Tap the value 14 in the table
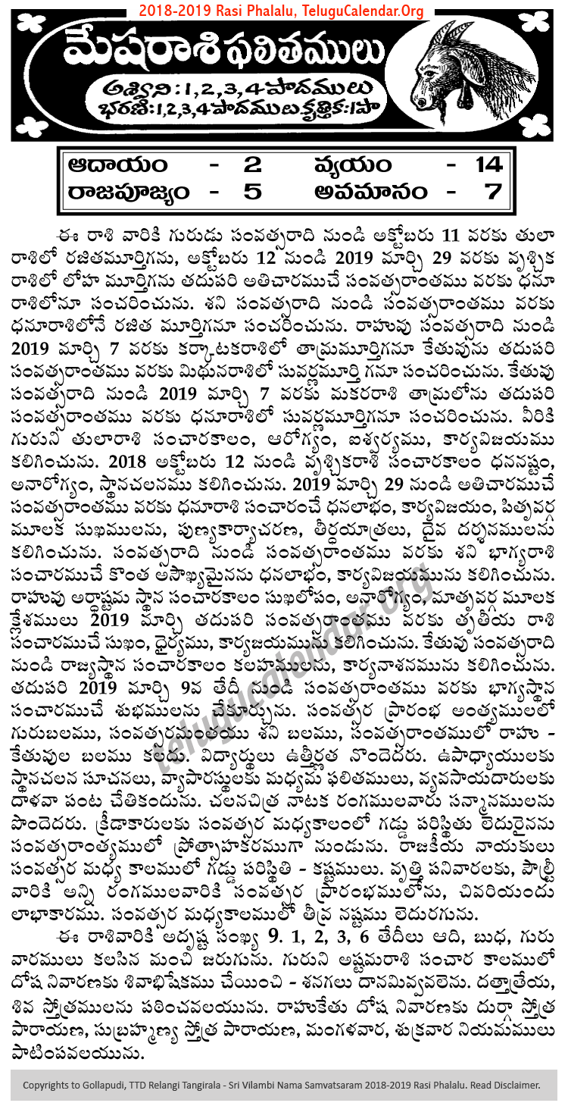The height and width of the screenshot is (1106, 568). (485, 164)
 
